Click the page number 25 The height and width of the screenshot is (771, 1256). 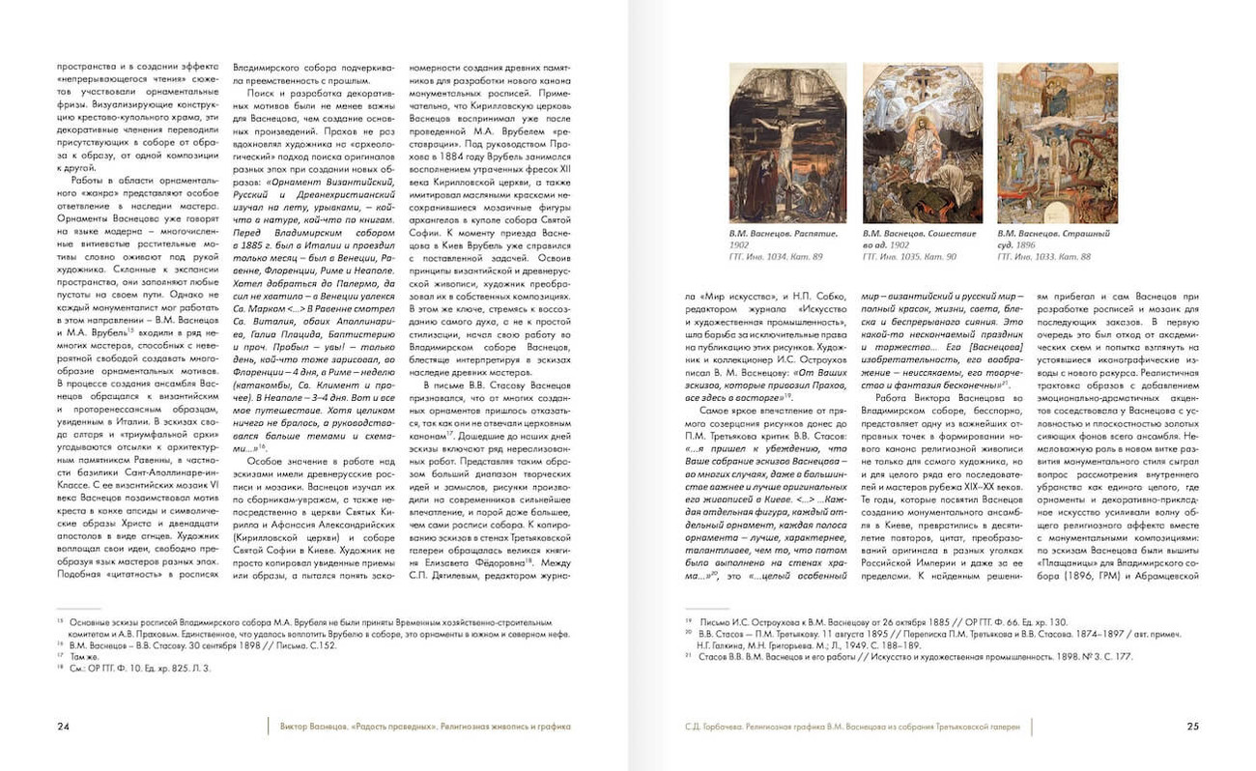point(1192,726)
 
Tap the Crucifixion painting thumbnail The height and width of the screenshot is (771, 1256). point(787,143)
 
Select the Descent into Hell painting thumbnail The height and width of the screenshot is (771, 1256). point(922,143)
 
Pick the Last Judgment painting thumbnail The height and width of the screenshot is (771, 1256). point(1057,143)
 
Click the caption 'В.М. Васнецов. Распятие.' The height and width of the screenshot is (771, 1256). point(782,234)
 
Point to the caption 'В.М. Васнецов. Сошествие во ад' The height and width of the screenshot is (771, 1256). point(919,239)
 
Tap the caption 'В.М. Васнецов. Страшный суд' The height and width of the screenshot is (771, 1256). point(1053,239)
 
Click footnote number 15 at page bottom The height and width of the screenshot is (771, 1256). point(60,620)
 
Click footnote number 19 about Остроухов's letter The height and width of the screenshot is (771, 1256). point(688,621)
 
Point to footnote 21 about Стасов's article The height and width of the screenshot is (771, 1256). point(688,657)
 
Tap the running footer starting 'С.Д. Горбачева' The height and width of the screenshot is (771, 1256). point(851,726)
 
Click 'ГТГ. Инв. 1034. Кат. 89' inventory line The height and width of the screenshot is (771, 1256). point(776,256)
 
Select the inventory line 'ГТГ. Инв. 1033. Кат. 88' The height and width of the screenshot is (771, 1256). point(1044,256)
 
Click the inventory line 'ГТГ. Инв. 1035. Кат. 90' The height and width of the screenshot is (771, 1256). point(909,256)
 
